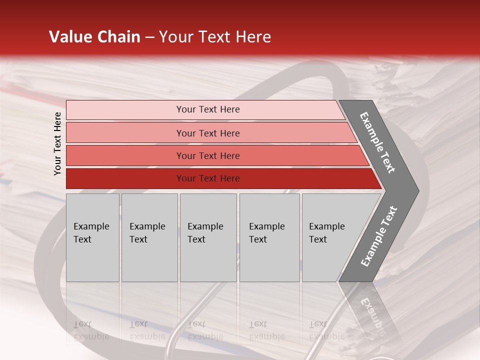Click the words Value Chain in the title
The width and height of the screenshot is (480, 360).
point(94,37)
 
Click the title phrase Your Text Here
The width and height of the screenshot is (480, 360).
point(215,37)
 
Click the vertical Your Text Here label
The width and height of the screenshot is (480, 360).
point(58,143)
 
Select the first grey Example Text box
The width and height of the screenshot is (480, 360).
point(92,237)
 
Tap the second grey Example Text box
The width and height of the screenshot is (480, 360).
point(149,237)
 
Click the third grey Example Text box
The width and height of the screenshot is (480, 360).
point(208,237)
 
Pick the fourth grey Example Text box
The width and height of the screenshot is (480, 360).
point(269,237)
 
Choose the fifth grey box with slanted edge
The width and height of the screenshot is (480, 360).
point(330,237)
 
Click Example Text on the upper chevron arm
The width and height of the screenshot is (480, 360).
point(377,142)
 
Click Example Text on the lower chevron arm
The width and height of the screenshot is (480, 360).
point(378,236)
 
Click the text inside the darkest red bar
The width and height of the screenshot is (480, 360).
point(208,178)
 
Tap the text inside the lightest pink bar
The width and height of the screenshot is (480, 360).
point(208,109)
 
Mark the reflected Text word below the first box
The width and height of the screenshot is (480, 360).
point(83,324)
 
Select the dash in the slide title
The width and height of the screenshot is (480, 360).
point(149,37)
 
